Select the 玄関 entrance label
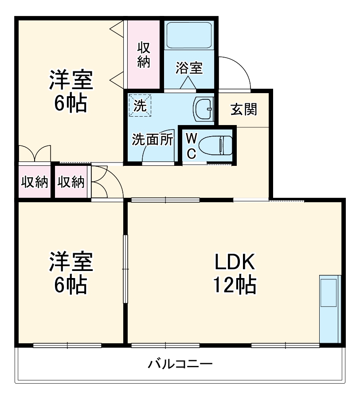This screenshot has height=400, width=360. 243,109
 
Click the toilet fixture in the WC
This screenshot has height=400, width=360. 215,145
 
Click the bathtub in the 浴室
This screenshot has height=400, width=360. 189,36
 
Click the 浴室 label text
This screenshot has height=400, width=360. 189,68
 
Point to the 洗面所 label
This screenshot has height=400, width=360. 152,140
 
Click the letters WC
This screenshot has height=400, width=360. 191,145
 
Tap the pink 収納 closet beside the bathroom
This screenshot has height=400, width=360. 143,55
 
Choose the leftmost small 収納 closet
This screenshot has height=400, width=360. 35,182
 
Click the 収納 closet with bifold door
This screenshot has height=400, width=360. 71,182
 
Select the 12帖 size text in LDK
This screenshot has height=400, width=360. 235,285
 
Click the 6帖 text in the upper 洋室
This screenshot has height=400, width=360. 70,104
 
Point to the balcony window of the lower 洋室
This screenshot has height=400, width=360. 67,345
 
